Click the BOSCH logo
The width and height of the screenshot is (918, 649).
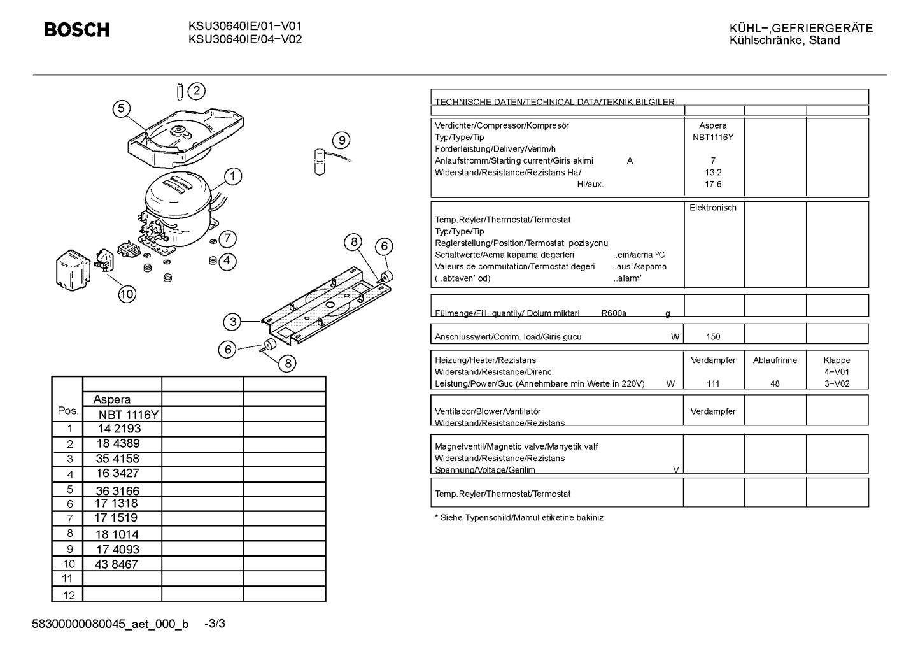tap(77, 30)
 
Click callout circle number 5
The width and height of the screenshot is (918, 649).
tap(122, 109)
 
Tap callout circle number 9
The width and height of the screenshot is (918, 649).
tap(341, 141)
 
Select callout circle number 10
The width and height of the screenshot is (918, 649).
tap(127, 294)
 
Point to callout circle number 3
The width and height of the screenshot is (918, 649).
tap(232, 322)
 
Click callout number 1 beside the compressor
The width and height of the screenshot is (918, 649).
tap(233, 176)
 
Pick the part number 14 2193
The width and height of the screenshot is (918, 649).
tap(119, 429)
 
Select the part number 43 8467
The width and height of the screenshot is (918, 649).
tap(117, 564)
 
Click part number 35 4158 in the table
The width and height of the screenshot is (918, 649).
tap(118, 459)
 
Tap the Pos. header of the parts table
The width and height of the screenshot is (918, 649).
tap(67, 411)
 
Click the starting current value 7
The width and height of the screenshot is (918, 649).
tap(713, 160)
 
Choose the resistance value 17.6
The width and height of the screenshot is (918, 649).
tap(713, 185)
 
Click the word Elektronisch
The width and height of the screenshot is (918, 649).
tap(713, 208)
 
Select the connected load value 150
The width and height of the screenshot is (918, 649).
tap(713, 337)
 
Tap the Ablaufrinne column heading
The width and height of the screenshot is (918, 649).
tap(775, 360)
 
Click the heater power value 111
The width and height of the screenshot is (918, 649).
tap(713, 384)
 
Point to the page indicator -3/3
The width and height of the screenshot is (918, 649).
tap(215, 624)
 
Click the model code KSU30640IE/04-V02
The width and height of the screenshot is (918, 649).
tap(245, 39)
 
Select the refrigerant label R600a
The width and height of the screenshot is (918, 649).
tap(614, 313)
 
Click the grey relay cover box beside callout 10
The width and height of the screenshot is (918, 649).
tap(73, 271)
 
